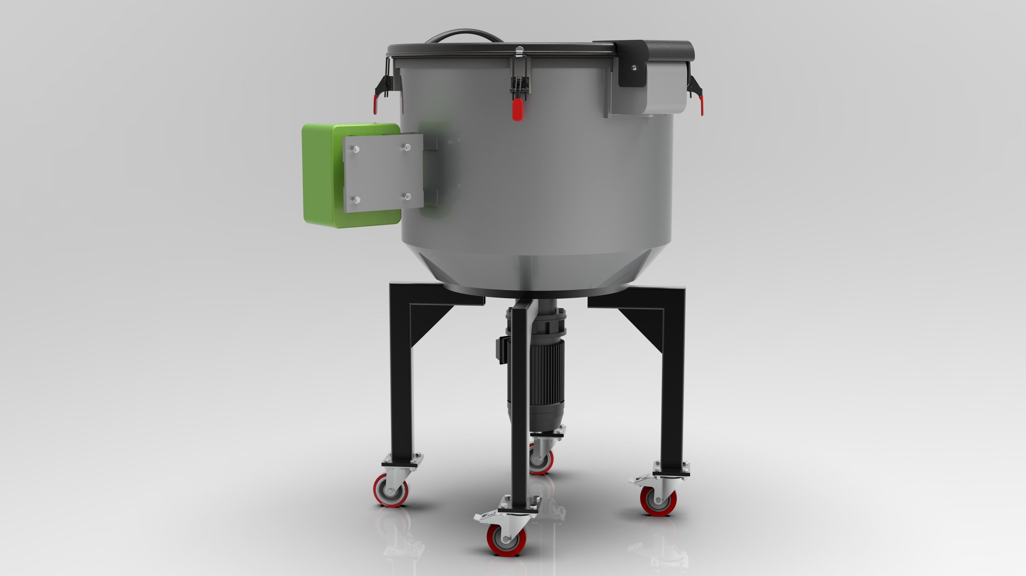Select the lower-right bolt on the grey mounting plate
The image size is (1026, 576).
pyautogui.click(x=407, y=196)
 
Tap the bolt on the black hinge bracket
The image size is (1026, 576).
pyautogui.click(x=634, y=68)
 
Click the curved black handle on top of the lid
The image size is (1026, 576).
pyautogui.click(x=464, y=34)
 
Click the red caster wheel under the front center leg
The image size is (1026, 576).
pyautogui.click(x=506, y=540)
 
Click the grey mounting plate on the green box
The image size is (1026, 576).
pyautogui.click(x=382, y=173)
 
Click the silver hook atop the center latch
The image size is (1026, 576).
pyautogui.click(x=519, y=52)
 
